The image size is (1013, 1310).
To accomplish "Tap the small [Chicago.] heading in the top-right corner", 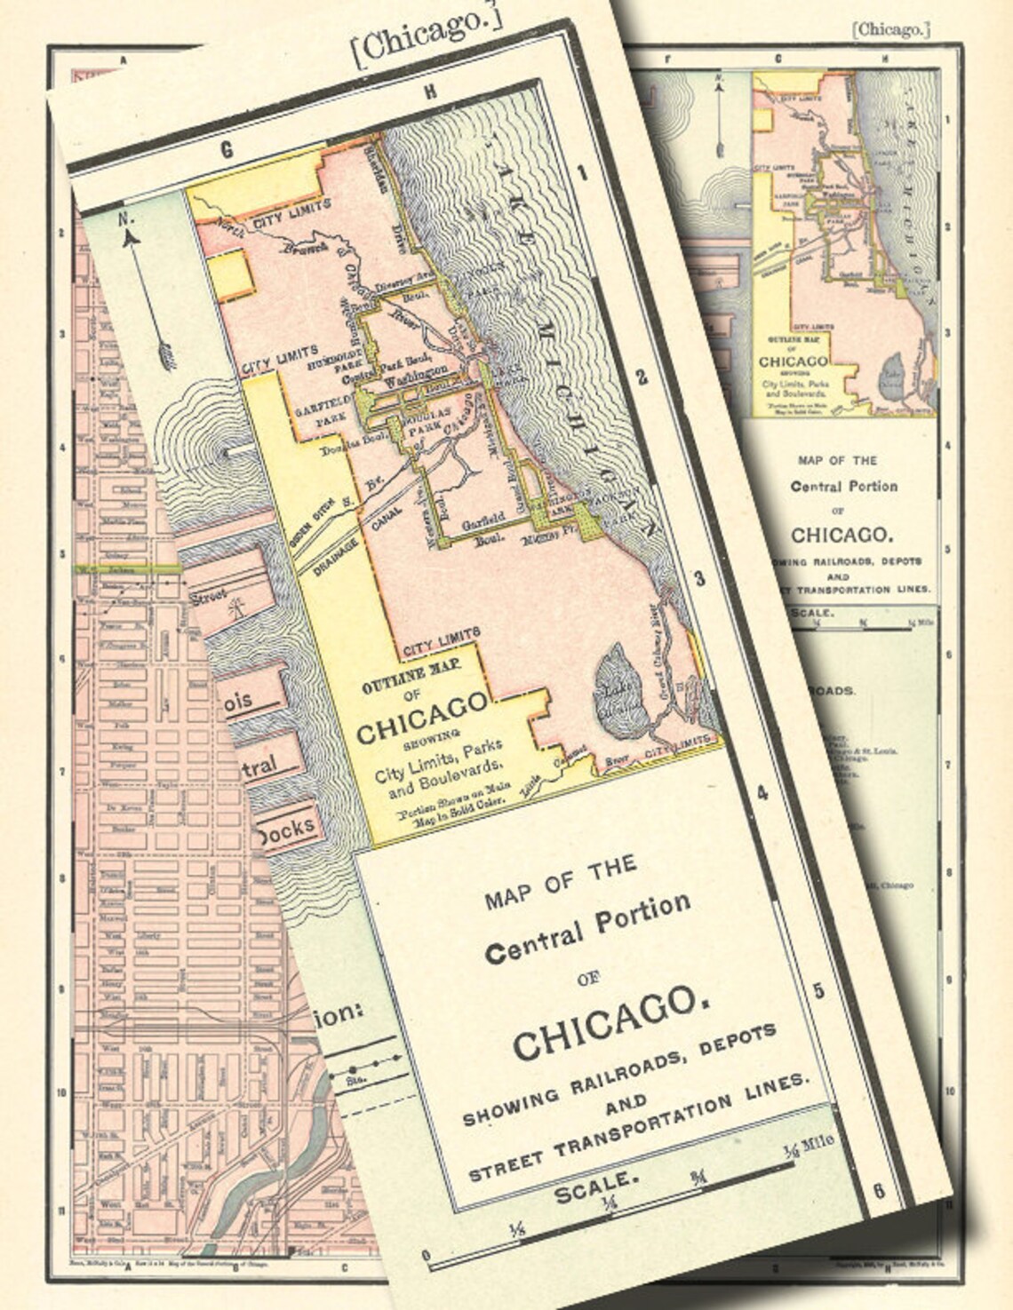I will pyautogui.click(x=890, y=30).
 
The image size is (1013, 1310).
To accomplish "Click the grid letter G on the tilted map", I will pyautogui.click(x=227, y=150).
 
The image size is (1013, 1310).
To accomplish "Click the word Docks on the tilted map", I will pyautogui.click(x=284, y=830).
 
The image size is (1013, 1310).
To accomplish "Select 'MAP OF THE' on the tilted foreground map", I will pyautogui.click(x=561, y=883).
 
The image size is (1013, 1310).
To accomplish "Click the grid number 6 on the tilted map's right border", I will pyautogui.click(x=878, y=1190).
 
